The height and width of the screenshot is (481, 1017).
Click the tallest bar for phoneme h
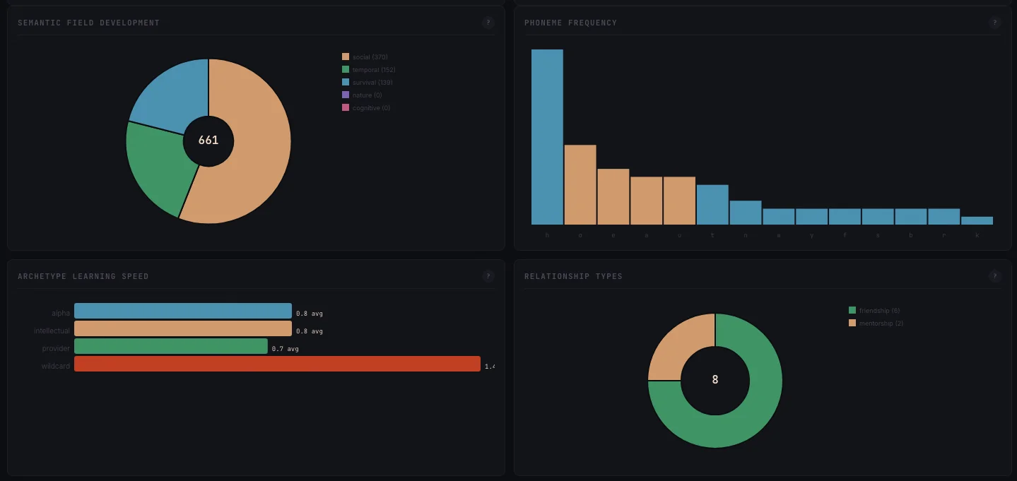[x=547, y=137]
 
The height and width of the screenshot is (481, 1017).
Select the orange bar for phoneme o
[x=580, y=185]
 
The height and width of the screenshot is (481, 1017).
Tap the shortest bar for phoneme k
[x=977, y=220]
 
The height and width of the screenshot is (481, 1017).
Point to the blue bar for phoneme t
[x=712, y=205]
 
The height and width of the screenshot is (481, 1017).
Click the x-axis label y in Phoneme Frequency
[x=811, y=235]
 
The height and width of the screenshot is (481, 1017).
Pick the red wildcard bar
[x=277, y=364]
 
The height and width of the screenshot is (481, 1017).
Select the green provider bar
[x=171, y=346]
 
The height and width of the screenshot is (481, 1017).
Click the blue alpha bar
[x=182, y=311]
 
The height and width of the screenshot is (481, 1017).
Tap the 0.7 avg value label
[x=285, y=349]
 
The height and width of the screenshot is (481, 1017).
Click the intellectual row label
[x=52, y=331]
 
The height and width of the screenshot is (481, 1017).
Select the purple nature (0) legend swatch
[x=346, y=95]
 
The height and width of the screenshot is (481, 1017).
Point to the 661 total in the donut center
[x=208, y=141]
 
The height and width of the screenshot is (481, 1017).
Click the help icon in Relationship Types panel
[x=994, y=276]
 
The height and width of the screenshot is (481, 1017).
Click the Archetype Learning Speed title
[x=83, y=276]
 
